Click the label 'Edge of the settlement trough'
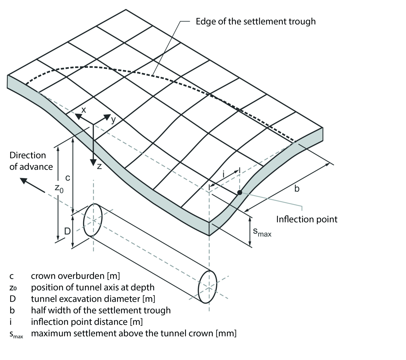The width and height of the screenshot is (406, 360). tap(255, 22)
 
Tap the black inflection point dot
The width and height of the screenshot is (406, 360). tap(240, 192)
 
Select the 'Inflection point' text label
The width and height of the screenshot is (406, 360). tap(307, 219)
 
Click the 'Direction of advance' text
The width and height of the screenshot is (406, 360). tap(31, 161)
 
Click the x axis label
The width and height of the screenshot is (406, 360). tap(84, 110)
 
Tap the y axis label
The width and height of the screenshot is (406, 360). tap(113, 120)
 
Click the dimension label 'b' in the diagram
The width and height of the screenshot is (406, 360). tap(297, 189)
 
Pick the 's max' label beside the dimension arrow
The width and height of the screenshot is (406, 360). tap(262, 232)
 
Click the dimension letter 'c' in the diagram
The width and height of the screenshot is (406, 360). tap(67, 177)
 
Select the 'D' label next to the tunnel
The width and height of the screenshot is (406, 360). tap(68, 231)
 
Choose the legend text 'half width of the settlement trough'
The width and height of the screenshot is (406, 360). tap(100, 310)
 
